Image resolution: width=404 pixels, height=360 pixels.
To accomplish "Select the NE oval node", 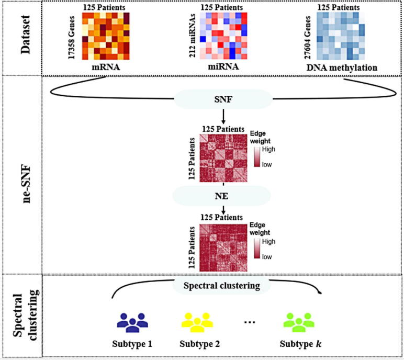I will [223, 196].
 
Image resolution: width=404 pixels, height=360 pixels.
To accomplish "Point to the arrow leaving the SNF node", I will [223, 116].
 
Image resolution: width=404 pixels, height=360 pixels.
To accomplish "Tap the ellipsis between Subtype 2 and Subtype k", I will [250, 322].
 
